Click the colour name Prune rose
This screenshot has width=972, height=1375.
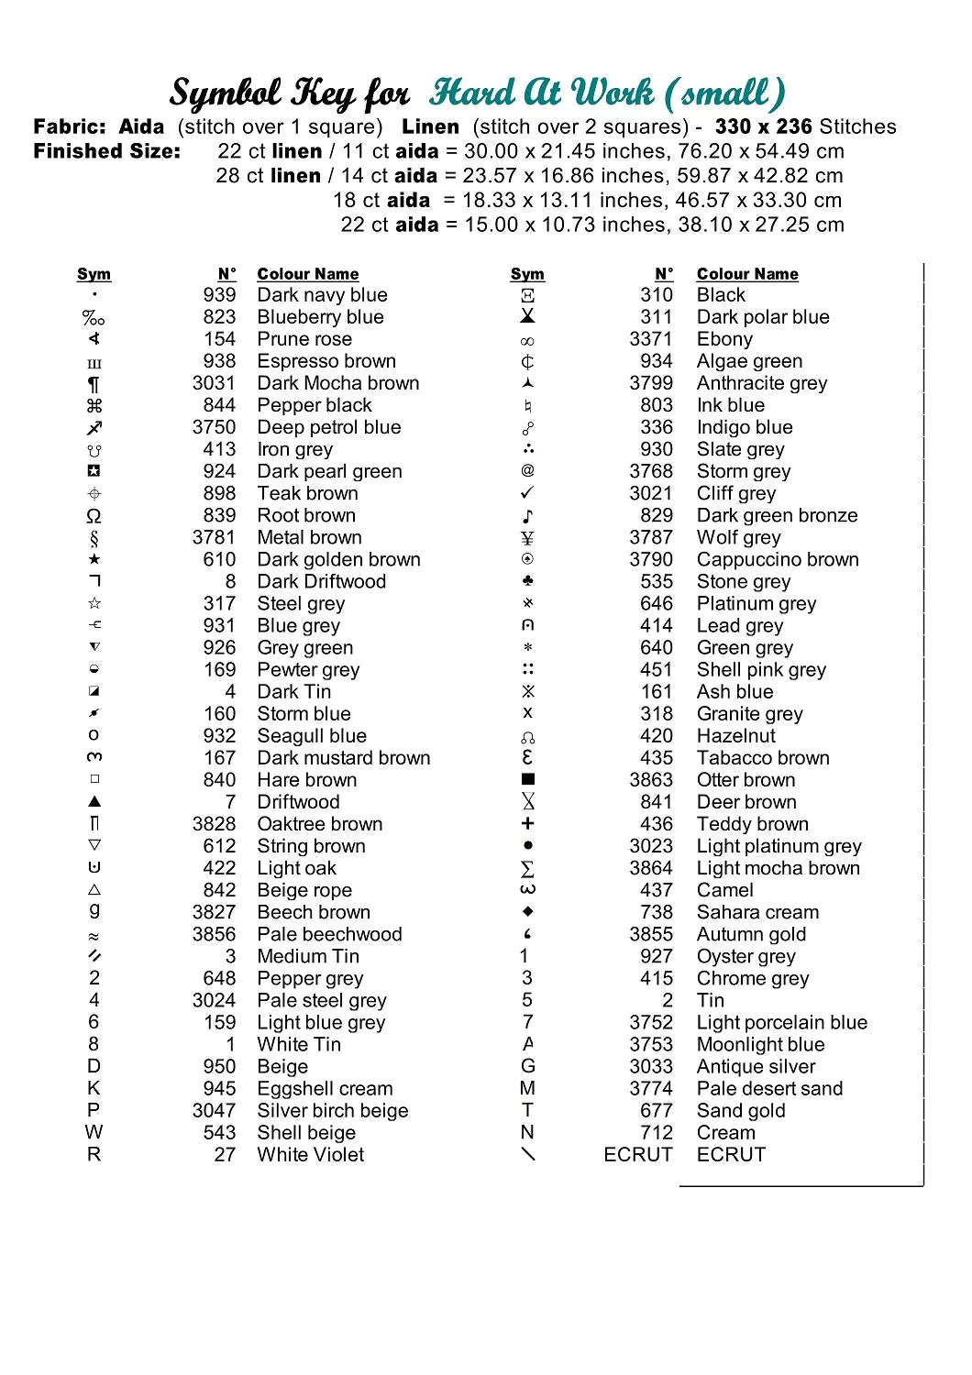(304, 339)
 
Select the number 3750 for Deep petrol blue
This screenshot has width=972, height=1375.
(214, 427)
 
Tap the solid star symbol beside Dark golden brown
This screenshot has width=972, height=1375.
(94, 559)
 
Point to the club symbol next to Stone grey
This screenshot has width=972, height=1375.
(527, 581)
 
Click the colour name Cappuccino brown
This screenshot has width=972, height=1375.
(778, 559)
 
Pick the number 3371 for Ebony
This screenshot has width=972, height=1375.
(651, 339)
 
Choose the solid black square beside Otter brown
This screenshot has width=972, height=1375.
(527, 779)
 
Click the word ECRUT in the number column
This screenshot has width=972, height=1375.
(638, 1154)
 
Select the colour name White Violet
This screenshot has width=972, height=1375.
(310, 1154)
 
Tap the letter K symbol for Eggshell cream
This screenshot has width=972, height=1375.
(94, 1088)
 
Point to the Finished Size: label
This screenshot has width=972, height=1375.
(107, 151)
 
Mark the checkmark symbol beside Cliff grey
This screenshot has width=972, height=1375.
(527, 493)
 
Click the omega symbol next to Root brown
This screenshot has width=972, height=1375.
(94, 515)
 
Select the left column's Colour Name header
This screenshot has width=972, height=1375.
(308, 274)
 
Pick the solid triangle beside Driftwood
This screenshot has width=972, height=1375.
(94, 801)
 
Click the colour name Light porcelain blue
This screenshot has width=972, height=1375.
(781, 1022)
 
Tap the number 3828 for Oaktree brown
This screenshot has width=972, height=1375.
(214, 824)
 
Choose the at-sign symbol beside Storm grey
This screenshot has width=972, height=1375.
(527, 470)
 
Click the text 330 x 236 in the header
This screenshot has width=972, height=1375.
(763, 126)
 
